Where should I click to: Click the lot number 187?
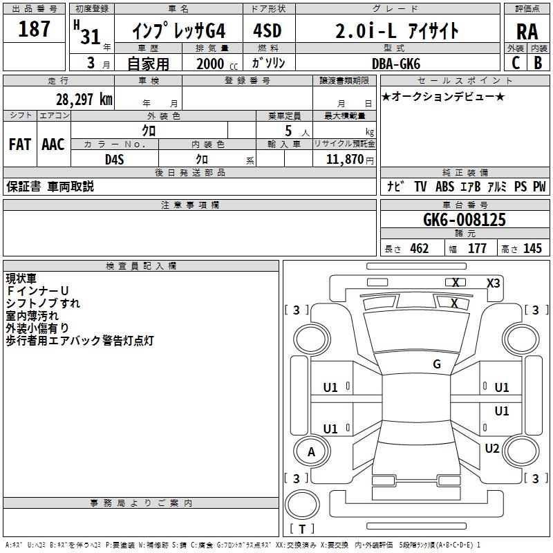pyautogui.click(x=35, y=29)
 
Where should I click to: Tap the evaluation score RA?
pyautogui.click(x=527, y=32)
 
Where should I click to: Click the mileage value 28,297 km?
pyautogui.click(x=84, y=99)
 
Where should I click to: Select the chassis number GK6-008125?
pyautogui.click(x=464, y=220)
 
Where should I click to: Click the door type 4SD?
pyautogui.click(x=268, y=31)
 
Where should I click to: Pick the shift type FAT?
pyautogui.click(x=20, y=144)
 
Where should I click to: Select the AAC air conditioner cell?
pyautogui.click(x=53, y=144)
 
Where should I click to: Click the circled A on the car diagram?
pyautogui.click(x=311, y=452)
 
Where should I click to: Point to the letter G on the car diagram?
pyautogui.click(x=437, y=364)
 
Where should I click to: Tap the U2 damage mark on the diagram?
pyautogui.click(x=491, y=449)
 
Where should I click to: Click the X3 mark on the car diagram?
pyautogui.click(x=494, y=283)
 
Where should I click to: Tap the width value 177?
pyautogui.click(x=477, y=249)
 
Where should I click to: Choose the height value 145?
pyautogui.click(x=532, y=249)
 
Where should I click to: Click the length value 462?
pyautogui.click(x=419, y=249)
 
